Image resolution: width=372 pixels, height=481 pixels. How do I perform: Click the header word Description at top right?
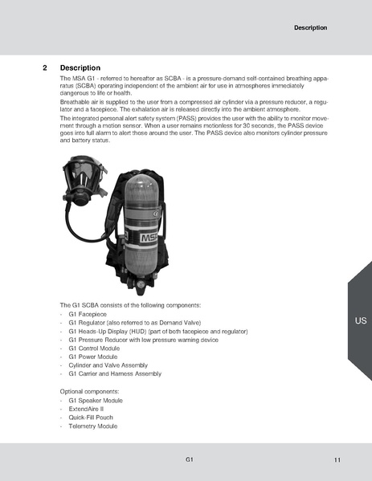[310, 27]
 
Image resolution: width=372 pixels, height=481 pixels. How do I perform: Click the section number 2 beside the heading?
[45, 67]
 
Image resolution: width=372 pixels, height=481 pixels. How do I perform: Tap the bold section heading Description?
[80, 67]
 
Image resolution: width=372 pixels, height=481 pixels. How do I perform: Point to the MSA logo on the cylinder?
[146, 238]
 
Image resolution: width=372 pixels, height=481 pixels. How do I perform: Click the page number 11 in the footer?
[337, 460]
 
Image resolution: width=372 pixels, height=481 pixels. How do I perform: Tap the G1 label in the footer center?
[188, 459]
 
